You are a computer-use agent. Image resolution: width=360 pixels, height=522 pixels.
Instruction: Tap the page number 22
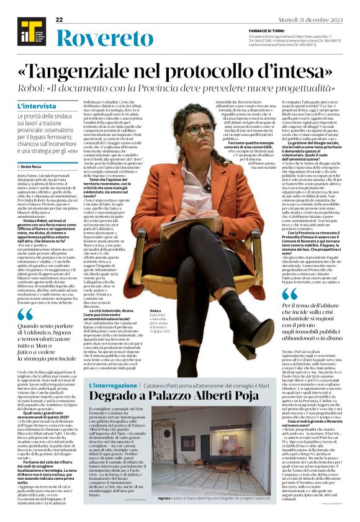tap(60, 20)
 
